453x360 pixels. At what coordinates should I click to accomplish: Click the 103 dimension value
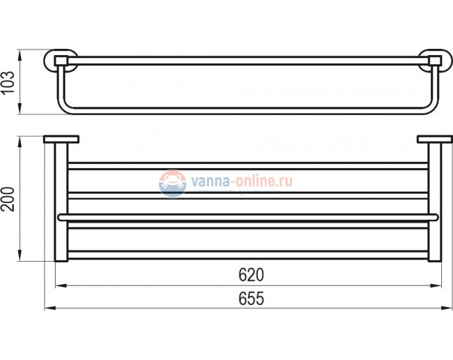click(9, 82)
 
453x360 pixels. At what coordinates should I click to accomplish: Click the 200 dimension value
click(9, 199)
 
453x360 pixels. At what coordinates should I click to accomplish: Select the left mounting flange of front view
click(61, 140)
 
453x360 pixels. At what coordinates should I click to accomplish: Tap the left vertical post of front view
click(61, 202)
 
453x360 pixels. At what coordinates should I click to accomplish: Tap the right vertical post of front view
click(434, 202)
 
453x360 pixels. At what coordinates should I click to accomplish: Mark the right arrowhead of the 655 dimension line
click(447, 308)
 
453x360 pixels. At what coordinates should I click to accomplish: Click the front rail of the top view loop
click(247, 110)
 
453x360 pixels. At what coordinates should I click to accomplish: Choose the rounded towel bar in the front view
click(247, 218)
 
